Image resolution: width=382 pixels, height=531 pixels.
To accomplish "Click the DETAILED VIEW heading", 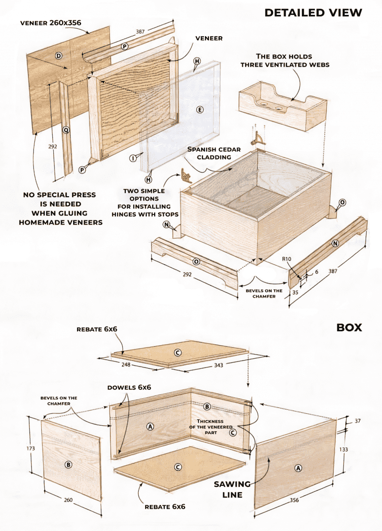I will [313, 12].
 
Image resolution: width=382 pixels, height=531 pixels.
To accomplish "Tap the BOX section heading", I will [349, 327].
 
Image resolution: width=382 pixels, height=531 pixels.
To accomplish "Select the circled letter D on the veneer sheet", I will [59, 56].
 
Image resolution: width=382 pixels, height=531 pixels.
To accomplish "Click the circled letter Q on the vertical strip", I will [66, 130].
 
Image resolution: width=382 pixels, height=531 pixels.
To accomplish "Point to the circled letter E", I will [200, 110].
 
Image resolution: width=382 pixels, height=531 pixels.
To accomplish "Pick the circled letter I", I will [133, 158].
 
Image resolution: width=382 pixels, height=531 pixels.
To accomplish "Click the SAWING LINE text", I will [228, 489].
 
